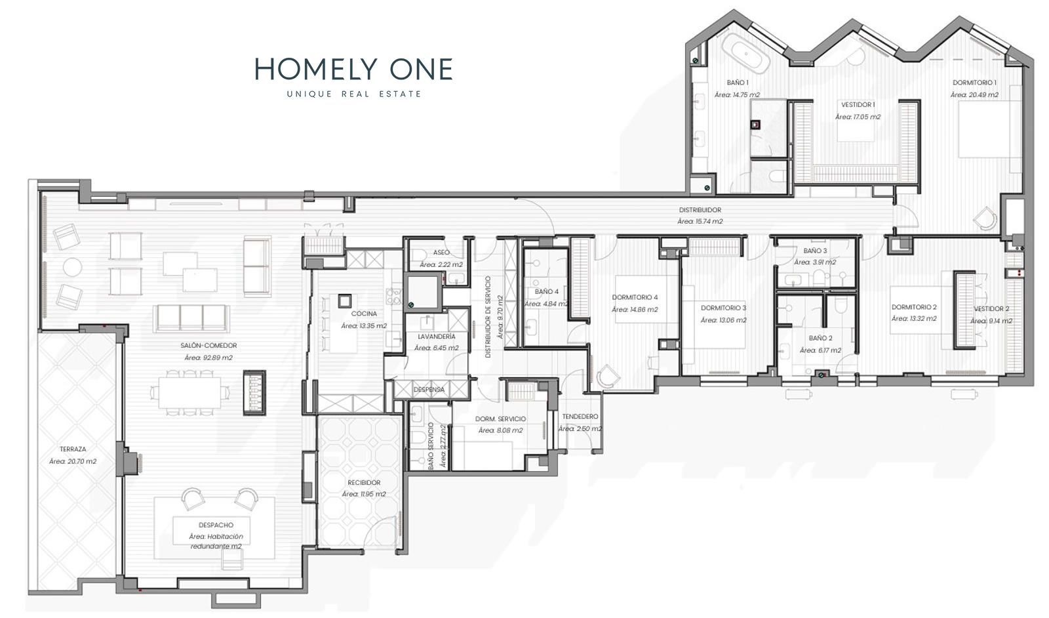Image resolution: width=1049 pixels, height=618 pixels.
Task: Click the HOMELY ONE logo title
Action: pos(353,70)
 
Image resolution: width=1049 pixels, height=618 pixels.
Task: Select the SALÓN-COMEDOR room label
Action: pos(209,345)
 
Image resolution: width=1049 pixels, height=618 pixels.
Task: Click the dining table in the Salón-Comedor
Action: pos(189,392)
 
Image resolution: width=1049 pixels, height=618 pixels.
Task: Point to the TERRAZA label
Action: pos(73,449)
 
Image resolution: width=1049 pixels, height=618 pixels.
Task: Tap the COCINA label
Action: pos(364,314)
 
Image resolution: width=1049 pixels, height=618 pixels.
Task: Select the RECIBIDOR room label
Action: pos(364,482)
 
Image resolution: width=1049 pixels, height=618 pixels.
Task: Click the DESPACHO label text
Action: pos(216,525)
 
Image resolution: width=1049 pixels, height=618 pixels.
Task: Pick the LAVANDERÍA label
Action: pos(437,337)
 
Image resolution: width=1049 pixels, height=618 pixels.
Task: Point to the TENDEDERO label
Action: pos(580,416)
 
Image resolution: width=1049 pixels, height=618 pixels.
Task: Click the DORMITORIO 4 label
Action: pos(635,297)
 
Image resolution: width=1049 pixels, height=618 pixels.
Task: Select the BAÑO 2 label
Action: pos(820,338)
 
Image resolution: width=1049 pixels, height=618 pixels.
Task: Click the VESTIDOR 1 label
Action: pos(858,104)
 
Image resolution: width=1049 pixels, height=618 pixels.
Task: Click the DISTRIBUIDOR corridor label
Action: pos(700,210)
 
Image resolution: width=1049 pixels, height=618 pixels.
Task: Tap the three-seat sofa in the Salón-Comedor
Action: pos(191,318)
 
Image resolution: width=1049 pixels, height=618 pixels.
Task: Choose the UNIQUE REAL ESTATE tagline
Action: pos(354,94)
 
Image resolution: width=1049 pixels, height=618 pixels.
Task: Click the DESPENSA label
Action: pos(429,389)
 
